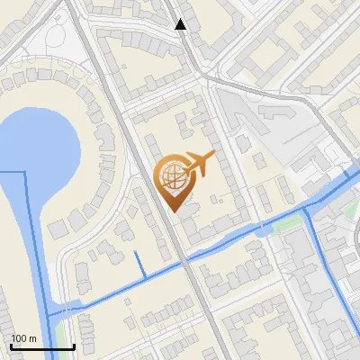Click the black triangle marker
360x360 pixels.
(181, 24)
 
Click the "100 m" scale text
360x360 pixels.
(24, 338)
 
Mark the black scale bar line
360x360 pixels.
(42, 346)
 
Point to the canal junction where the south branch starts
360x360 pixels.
(308, 209)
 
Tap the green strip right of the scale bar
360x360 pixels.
(90, 346)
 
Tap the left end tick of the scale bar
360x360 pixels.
(11, 346)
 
